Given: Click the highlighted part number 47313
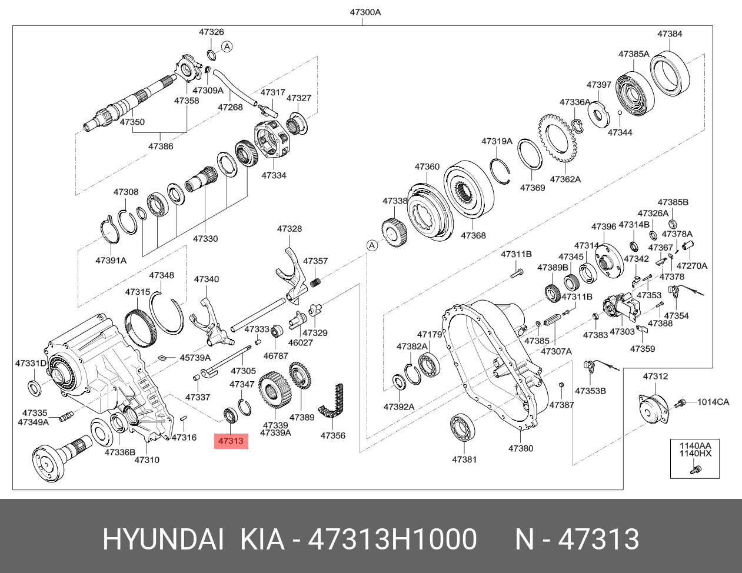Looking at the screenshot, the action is click(231, 440).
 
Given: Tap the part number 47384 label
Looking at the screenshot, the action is click(670, 34).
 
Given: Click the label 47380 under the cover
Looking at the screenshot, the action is click(520, 448).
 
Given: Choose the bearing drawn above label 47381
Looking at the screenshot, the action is click(463, 427).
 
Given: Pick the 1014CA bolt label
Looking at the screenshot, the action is click(713, 402).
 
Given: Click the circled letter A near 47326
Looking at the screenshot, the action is click(227, 46).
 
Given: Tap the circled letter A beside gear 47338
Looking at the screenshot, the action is click(371, 245).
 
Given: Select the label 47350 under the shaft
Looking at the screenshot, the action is click(132, 122).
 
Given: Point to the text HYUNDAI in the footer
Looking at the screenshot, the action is click(163, 539).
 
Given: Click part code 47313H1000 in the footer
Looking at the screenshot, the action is click(393, 539).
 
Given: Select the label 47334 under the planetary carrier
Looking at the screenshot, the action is click(274, 175).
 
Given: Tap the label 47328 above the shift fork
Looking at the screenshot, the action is click(289, 229).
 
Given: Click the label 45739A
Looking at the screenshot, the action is click(195, 357).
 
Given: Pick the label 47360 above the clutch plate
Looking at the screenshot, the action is click(427, 166).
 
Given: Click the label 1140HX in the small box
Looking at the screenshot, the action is click(695, 454).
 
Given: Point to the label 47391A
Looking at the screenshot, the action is click(111, 260).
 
